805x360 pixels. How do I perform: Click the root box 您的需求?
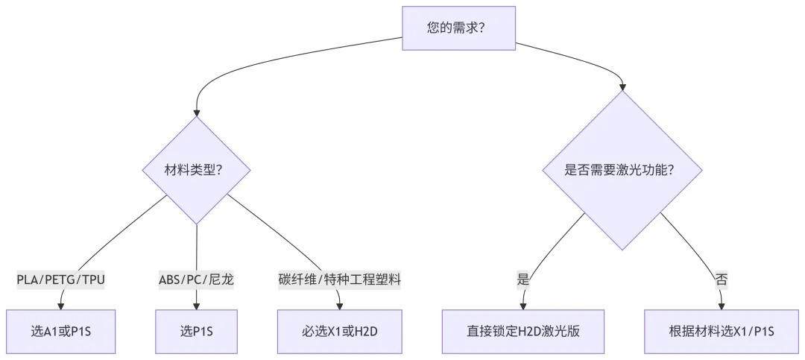(457, 28)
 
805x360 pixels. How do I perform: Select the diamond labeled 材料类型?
(197, 170)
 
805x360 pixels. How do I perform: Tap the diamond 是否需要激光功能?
(622, 170)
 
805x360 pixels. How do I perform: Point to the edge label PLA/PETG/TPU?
(61, 280)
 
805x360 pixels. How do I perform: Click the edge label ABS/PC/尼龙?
(197, 280)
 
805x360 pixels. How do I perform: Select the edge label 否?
(722, 280)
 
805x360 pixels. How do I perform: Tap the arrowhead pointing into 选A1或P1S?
(61, 303)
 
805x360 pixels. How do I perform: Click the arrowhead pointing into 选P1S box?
(197, 303)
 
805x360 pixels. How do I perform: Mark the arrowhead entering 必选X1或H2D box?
(341, 303)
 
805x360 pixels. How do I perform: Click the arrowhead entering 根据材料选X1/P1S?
(722, 303)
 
